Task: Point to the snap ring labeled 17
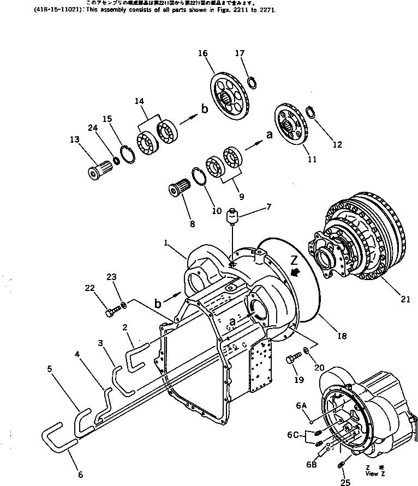click(x=252, y=83)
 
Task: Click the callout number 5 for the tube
click(x=50, y=368)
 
